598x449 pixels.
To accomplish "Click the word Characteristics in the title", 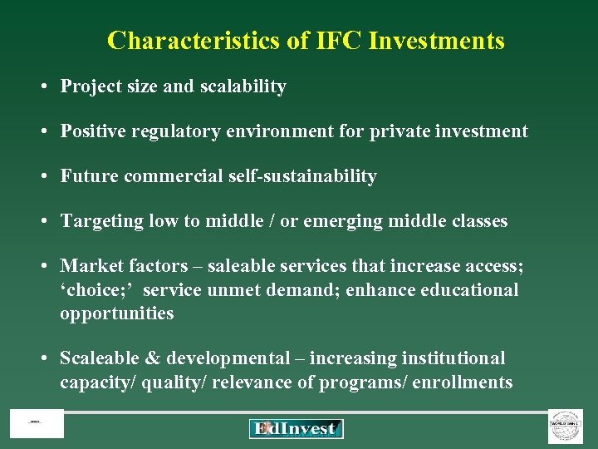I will pos(196,40).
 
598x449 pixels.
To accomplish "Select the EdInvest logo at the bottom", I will pos(296,428).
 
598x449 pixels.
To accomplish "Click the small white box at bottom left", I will pos(37,424).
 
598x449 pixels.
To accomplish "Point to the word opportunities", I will pos(116,313).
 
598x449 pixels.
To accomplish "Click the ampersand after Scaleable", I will pos(152,358).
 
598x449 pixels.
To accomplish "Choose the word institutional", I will pos(453,358).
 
